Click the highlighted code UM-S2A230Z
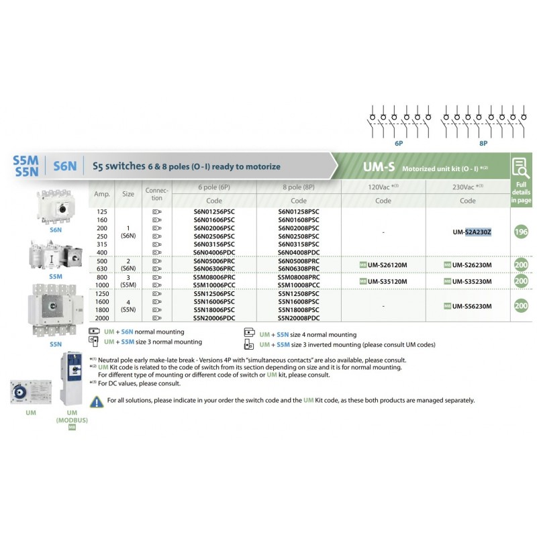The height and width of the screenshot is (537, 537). pyautogui.click(x=472, y=232)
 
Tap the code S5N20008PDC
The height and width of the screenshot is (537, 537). pyautogui.click(x=299, y=318)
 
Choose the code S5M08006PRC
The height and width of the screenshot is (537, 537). pyautogui.click(x=214, y=277)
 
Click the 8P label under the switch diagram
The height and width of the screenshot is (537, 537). pyautogui.click(x=483, y=144)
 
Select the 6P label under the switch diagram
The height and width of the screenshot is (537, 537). pyautogui.click(x=399, y=144)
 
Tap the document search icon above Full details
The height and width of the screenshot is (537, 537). pyautogui.click(x=521, y=166)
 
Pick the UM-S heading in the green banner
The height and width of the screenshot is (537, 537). pyautogui.click(x=378, y=166)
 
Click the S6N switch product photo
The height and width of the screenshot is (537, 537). pyautogui.click(x=57, y=204)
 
